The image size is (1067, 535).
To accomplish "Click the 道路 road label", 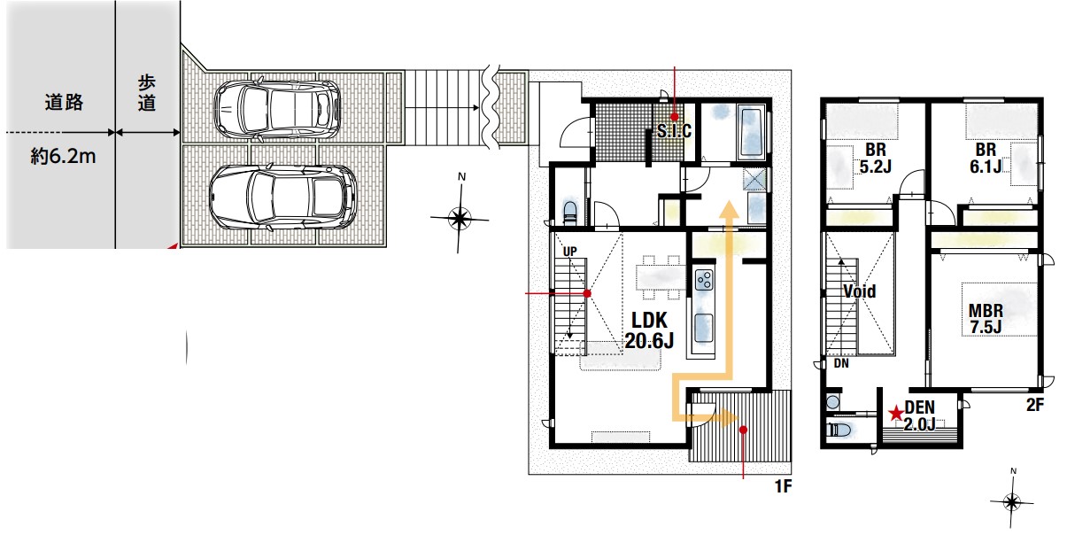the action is [64, 103].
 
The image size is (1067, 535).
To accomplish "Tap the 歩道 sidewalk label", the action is [147, 93].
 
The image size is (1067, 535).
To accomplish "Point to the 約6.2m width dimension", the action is [64, 156].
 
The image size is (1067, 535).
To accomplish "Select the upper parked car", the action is [278, 111].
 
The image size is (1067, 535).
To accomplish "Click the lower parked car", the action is [283, 197].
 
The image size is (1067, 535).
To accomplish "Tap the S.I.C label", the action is [674, 130].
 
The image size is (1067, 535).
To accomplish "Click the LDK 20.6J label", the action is [649, 330].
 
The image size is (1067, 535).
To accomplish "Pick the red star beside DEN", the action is [896, 413].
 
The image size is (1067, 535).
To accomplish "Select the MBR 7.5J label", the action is [986, 319].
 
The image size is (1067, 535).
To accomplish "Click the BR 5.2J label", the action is [876, 158].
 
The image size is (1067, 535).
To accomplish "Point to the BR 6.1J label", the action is [986, 158].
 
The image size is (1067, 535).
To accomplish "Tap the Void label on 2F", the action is [859, 291].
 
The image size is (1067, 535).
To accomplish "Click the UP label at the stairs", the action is [569, 251].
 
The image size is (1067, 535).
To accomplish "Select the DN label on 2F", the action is [841, 363].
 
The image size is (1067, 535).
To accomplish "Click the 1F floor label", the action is [783, 486].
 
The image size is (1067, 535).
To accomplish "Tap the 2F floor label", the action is [1035, 405].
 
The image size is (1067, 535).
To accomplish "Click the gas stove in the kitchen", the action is [704, 280].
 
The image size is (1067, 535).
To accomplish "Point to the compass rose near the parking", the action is [460, 219].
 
